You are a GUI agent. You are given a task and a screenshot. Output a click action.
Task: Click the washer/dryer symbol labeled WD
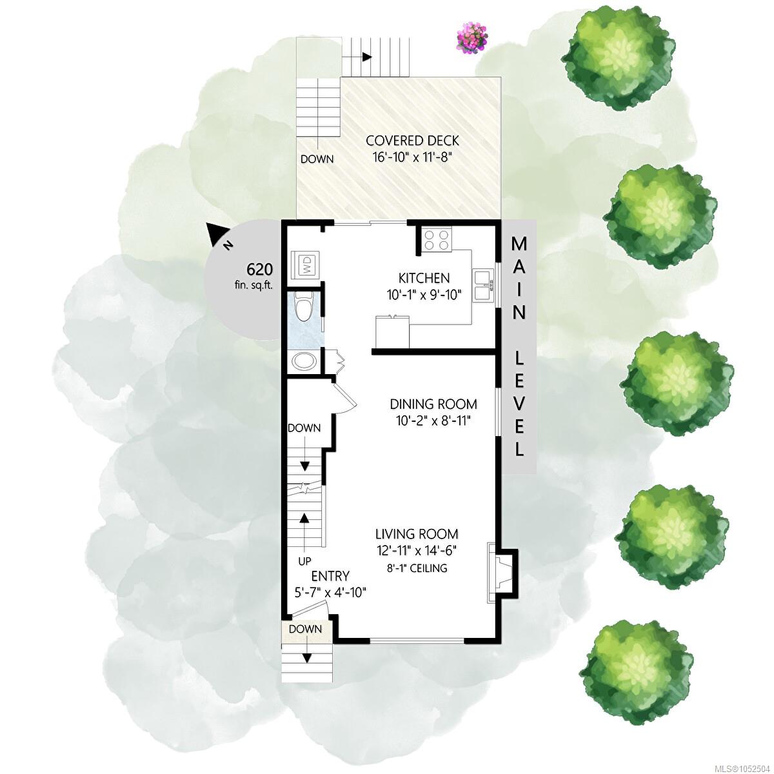point(307,265)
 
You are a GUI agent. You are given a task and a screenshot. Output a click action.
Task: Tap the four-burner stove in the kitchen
point(437,239)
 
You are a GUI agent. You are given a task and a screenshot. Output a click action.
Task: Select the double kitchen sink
point(483,286)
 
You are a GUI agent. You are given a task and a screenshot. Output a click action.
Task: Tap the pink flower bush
point(473,38)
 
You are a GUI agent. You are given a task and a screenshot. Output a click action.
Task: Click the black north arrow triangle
point(216,233)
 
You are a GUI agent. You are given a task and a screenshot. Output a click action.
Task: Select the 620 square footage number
point(259,269)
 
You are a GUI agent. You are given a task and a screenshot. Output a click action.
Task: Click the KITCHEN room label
point(424,278)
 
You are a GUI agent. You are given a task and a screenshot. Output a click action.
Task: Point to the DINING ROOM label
point(433,404)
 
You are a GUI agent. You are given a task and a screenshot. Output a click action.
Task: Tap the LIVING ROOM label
point(417,534)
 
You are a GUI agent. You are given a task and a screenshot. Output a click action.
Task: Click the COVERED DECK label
point(413,141)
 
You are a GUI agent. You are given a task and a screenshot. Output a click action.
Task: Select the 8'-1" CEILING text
point(417,568)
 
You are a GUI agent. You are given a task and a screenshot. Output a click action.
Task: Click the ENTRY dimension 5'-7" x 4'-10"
point(331,593)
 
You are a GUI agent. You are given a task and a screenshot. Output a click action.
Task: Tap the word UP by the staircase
point(305,561)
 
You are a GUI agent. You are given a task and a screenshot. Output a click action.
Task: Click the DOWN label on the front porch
point(305,629)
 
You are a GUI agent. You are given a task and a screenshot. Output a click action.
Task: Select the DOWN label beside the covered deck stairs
point(317,159)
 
